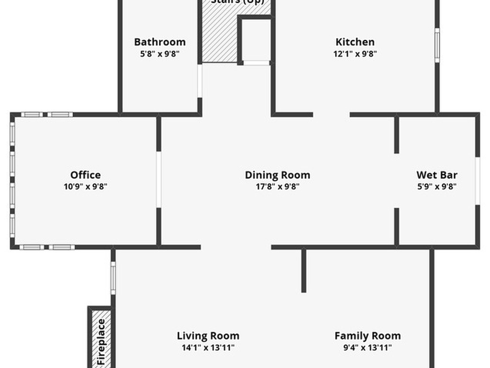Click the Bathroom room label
pos(160,42)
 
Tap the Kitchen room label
pos(355,42)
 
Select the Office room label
pos(86,175)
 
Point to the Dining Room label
pos(278,175)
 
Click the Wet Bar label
pos(437,175)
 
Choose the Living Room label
pos(208,336)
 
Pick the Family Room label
pos(367,336)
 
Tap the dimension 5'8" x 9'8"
pos(160,54)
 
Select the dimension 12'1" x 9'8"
pos(355,54)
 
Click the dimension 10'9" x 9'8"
pos(86,187)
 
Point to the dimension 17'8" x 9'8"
pos(278,187)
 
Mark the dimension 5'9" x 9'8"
pos(437,187)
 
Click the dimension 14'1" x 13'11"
pos(208,348)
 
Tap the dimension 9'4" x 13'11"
pos(367,348)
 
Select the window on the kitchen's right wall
pos(437,45)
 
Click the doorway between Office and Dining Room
pos(159,180)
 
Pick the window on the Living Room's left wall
pos(113,278)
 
